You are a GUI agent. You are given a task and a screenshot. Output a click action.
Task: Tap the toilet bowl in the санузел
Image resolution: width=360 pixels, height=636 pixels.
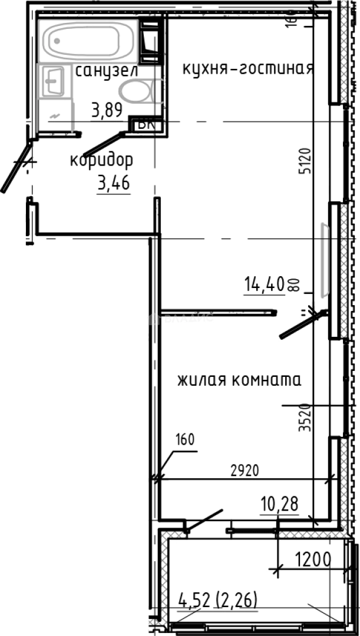(x=136, y=92)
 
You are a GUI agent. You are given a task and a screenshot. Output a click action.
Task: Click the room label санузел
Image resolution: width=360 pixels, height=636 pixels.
(x=107, y=71)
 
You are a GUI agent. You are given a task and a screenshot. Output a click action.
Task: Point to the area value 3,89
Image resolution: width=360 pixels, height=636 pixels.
(x=107, y=110)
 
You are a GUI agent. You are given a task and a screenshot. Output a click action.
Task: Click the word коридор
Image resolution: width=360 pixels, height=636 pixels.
(x=101, y=160)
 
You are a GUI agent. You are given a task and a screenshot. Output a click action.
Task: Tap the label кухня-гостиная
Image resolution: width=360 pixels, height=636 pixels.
(x=247, y=68)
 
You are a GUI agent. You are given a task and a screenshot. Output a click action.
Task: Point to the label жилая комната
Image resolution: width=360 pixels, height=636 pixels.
(x=239, y=380)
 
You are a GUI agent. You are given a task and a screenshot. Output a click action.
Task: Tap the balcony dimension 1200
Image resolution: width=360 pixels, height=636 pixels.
(x=312, y=558)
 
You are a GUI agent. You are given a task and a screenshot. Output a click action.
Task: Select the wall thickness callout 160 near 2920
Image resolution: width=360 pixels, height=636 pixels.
(x=184, y=439)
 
